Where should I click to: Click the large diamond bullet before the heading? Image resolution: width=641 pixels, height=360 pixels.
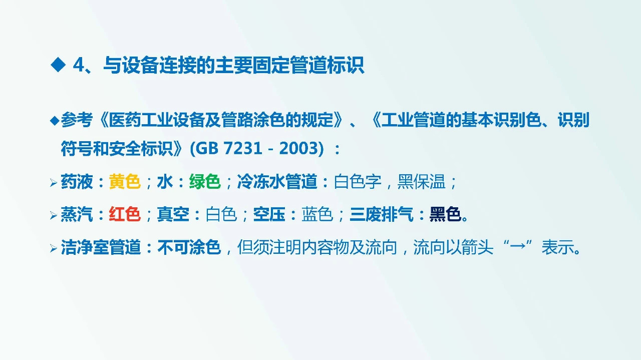pos(59,65)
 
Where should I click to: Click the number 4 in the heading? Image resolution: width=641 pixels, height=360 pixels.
pos(79,65)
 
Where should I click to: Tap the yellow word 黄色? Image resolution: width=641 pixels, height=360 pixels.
pos(125,182)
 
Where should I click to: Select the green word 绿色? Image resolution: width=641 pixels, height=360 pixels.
pos(205,182)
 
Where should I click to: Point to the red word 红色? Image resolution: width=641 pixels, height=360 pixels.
pos(125,214)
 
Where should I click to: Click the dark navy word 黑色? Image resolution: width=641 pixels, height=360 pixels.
pos(445,214)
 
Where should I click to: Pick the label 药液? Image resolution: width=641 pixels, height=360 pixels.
pos(77,182)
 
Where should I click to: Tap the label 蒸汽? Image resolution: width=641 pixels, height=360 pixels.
pos(77,214)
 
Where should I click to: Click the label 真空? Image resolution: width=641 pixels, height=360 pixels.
pos(173,214)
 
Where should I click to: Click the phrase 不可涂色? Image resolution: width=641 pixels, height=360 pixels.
pos(189,247)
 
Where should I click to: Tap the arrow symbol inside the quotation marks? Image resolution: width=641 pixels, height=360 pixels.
pos(517,247)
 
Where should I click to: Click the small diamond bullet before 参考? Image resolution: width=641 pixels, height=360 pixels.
pos(55,120)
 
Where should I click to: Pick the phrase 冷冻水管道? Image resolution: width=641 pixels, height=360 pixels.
pos(277,182)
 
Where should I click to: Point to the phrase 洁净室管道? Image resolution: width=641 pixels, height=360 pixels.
pos(101,247)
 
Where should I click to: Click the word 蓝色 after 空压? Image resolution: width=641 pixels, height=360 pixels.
pos(317,214)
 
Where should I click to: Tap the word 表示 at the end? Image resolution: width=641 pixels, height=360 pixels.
pos(557,247)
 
